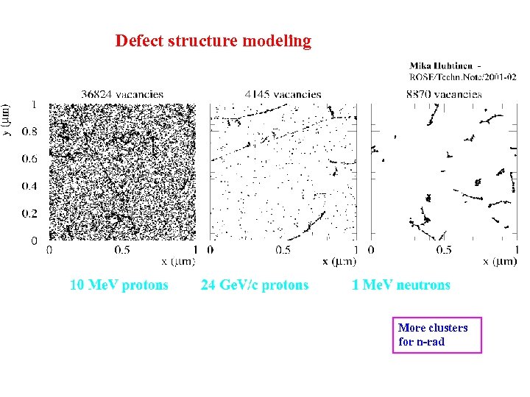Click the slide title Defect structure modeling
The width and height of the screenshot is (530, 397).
tap(213, 41)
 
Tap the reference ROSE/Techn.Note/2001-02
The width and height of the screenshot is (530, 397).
tap(462, 76)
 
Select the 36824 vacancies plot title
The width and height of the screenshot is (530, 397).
tap(122, 94)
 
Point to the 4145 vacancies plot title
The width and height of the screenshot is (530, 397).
tap(283, 94)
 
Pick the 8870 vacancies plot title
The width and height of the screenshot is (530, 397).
tap(444, 94)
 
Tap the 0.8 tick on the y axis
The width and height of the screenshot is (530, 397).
tap(29, 132)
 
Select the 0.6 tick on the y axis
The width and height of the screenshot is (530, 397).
tap(29, 160)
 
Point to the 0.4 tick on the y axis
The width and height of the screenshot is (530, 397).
tap(29, 186)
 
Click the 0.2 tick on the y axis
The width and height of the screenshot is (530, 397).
tap(29, 213)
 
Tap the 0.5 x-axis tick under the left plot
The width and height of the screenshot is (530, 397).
tap(122, 250)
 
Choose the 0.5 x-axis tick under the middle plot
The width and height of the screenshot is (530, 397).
tap(283, 250)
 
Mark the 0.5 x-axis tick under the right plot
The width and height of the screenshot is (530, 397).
tap(444, 250)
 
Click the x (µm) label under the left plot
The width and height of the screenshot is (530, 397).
tap(178, 261)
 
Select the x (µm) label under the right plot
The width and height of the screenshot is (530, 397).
tap(500, 261)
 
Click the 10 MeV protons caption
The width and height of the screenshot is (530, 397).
tap(119, 285)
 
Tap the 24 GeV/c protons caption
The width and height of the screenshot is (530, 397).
tap(255, 285)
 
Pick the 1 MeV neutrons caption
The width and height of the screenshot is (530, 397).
tap(400, 285)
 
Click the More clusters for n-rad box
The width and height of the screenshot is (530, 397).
tap(437, 335)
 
